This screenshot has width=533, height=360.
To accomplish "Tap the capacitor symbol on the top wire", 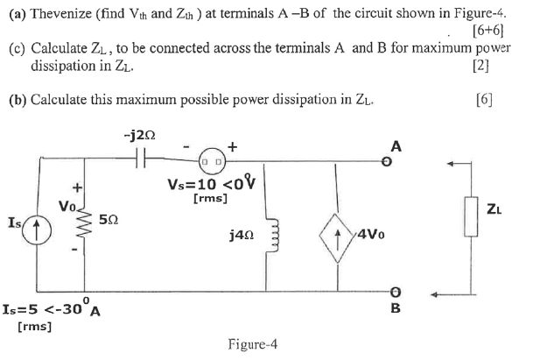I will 147,160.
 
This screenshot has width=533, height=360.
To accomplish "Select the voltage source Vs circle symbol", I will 214,161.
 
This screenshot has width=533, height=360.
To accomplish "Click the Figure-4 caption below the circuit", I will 252,343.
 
